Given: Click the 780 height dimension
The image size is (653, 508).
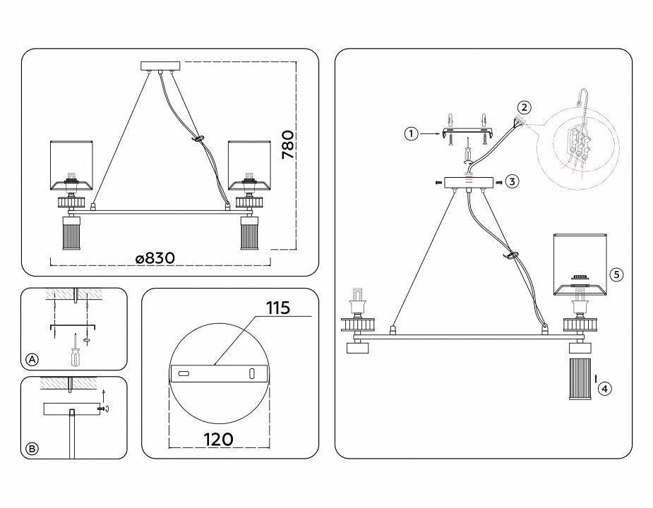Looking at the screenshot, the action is click(288, 145).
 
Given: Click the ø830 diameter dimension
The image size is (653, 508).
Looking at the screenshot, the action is click(155, 258).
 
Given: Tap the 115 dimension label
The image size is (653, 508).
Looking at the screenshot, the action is click(278, 308).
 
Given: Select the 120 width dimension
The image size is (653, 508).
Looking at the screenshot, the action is click(218, 440).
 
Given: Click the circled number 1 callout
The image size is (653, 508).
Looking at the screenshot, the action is click(411, 133).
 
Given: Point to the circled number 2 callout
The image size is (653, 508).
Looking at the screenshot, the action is click(525, 107).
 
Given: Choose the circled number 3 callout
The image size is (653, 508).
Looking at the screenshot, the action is click(512, 181).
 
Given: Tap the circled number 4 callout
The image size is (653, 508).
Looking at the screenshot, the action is click(605, 389).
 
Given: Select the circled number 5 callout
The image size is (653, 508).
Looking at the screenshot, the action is click(616, 274).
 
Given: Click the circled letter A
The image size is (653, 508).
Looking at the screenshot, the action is click(32, 359).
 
